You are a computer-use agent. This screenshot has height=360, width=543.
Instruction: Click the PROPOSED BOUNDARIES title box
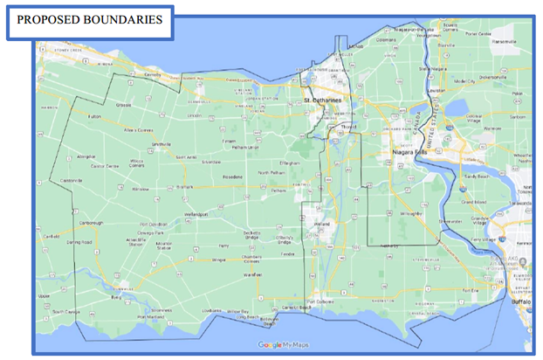(x=89, y=21)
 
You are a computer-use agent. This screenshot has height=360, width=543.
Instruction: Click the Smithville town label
(x=161, y=144)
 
